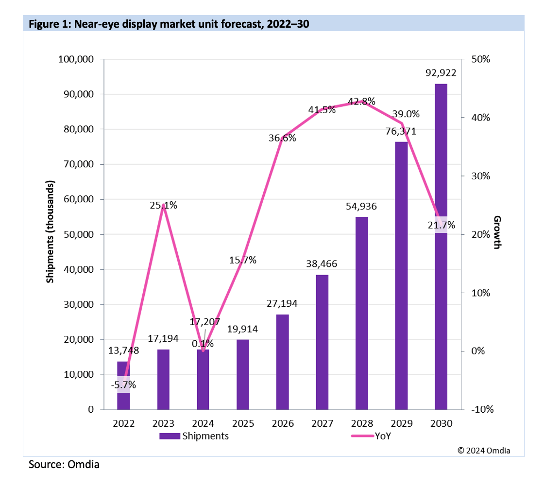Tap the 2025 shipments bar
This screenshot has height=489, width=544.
(242, 374)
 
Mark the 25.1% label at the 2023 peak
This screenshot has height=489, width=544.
(164, 205)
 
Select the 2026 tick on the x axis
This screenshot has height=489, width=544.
(282, 423)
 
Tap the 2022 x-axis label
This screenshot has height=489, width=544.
(123, 423)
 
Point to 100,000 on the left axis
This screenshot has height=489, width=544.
(75, 59)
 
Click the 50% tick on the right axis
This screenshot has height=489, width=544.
(481, 59)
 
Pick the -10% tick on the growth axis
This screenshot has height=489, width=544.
(482, 409)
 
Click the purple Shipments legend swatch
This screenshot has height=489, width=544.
(170, 436)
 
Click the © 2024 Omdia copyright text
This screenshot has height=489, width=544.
(484, 450)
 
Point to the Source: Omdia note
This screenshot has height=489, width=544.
(64, 465)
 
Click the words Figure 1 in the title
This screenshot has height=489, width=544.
(47, 23)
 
